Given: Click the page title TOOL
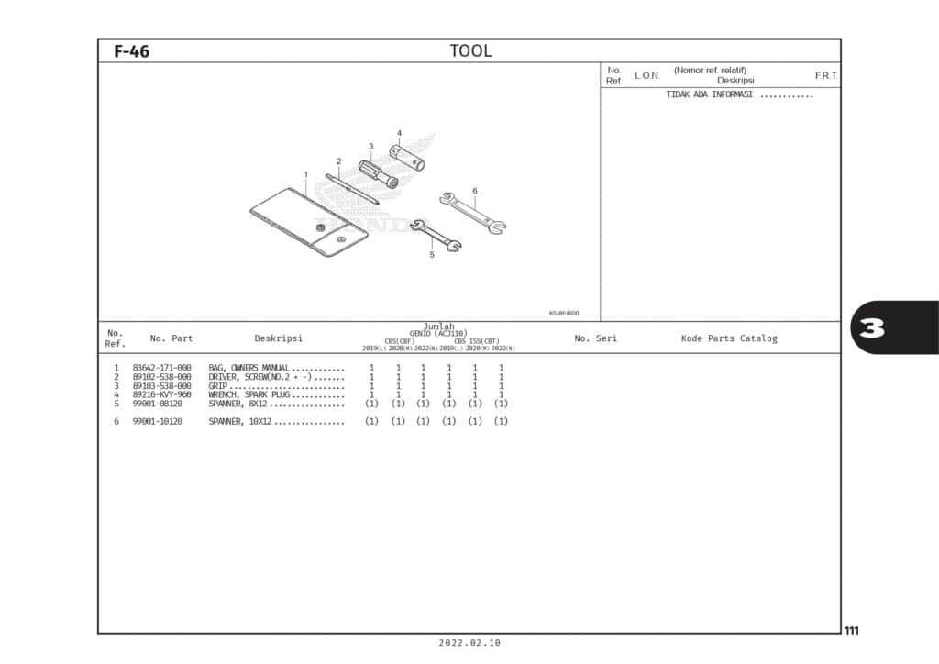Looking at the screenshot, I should pos(470,51).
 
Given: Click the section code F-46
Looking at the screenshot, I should pos(131,52).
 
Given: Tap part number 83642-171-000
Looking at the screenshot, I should pos(161,368).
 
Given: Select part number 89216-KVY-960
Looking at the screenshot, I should pos(161,394).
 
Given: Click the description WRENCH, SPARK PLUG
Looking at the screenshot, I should pos(249,394).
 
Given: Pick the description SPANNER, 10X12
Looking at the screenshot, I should pos(240,421).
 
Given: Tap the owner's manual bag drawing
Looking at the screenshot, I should pos(307,220).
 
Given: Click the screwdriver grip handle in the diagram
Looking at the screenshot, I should pos(377,173).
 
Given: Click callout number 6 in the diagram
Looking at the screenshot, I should pos(475,191).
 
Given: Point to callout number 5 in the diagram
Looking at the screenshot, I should pos(431,255).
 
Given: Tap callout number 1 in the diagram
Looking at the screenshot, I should pos(306,174).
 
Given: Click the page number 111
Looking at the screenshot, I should pos(852,630).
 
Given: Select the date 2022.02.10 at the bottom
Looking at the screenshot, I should pos(469,643).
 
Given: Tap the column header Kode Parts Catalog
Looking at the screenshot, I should pos(728,338).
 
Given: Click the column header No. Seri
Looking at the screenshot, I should pos(595,338).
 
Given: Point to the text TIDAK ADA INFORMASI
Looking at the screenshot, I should pos(709,94).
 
